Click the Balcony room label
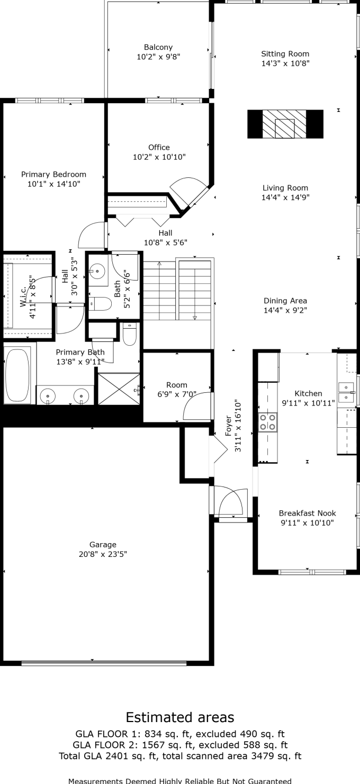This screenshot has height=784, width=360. click(158, 47)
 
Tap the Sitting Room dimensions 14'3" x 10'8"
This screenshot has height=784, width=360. click(285, 64)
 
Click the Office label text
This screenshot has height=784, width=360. click(159, 147)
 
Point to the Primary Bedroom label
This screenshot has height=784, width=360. click(53, 174)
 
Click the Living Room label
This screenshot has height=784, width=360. click(285, 188)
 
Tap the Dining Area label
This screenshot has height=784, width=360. click(285, 301)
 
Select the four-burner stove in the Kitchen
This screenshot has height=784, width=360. click(268, 421)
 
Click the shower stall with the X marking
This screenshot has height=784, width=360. click(119, 389)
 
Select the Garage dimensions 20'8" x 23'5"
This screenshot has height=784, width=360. click(103, 554)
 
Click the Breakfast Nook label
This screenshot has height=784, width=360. click(308, 513)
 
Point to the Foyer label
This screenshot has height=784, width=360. click(228, 426)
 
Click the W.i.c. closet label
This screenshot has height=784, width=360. click(23, 297)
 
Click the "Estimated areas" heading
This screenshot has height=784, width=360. click(180, 717)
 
